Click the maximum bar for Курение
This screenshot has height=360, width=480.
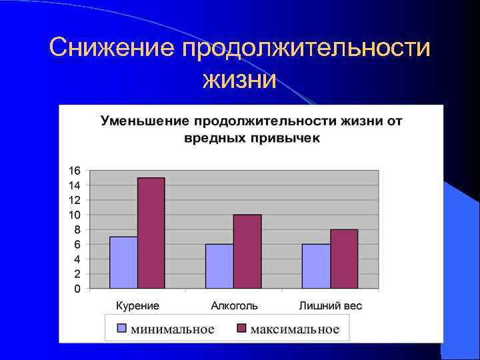(151, 233)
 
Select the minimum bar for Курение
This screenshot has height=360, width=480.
(123, 263)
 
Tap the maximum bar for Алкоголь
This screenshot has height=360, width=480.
(247, 251)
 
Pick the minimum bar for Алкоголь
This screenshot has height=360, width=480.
(219, 266)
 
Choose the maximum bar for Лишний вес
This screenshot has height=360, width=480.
(344, 259)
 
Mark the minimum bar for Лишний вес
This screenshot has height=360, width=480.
(316, 266)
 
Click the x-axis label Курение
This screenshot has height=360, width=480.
(137, 306)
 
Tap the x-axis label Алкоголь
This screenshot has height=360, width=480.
(234, 306)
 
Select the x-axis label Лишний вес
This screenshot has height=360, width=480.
(331, 306)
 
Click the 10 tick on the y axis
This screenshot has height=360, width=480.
(74, 215)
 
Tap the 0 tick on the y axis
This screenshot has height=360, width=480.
(77, 289)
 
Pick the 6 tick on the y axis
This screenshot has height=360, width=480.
(77, 245)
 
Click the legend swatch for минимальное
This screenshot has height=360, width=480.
(121, 329)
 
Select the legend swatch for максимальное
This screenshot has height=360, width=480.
(241, 329)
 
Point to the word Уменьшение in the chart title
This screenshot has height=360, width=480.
(145, 121)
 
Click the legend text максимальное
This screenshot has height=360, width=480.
(295, 329)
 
